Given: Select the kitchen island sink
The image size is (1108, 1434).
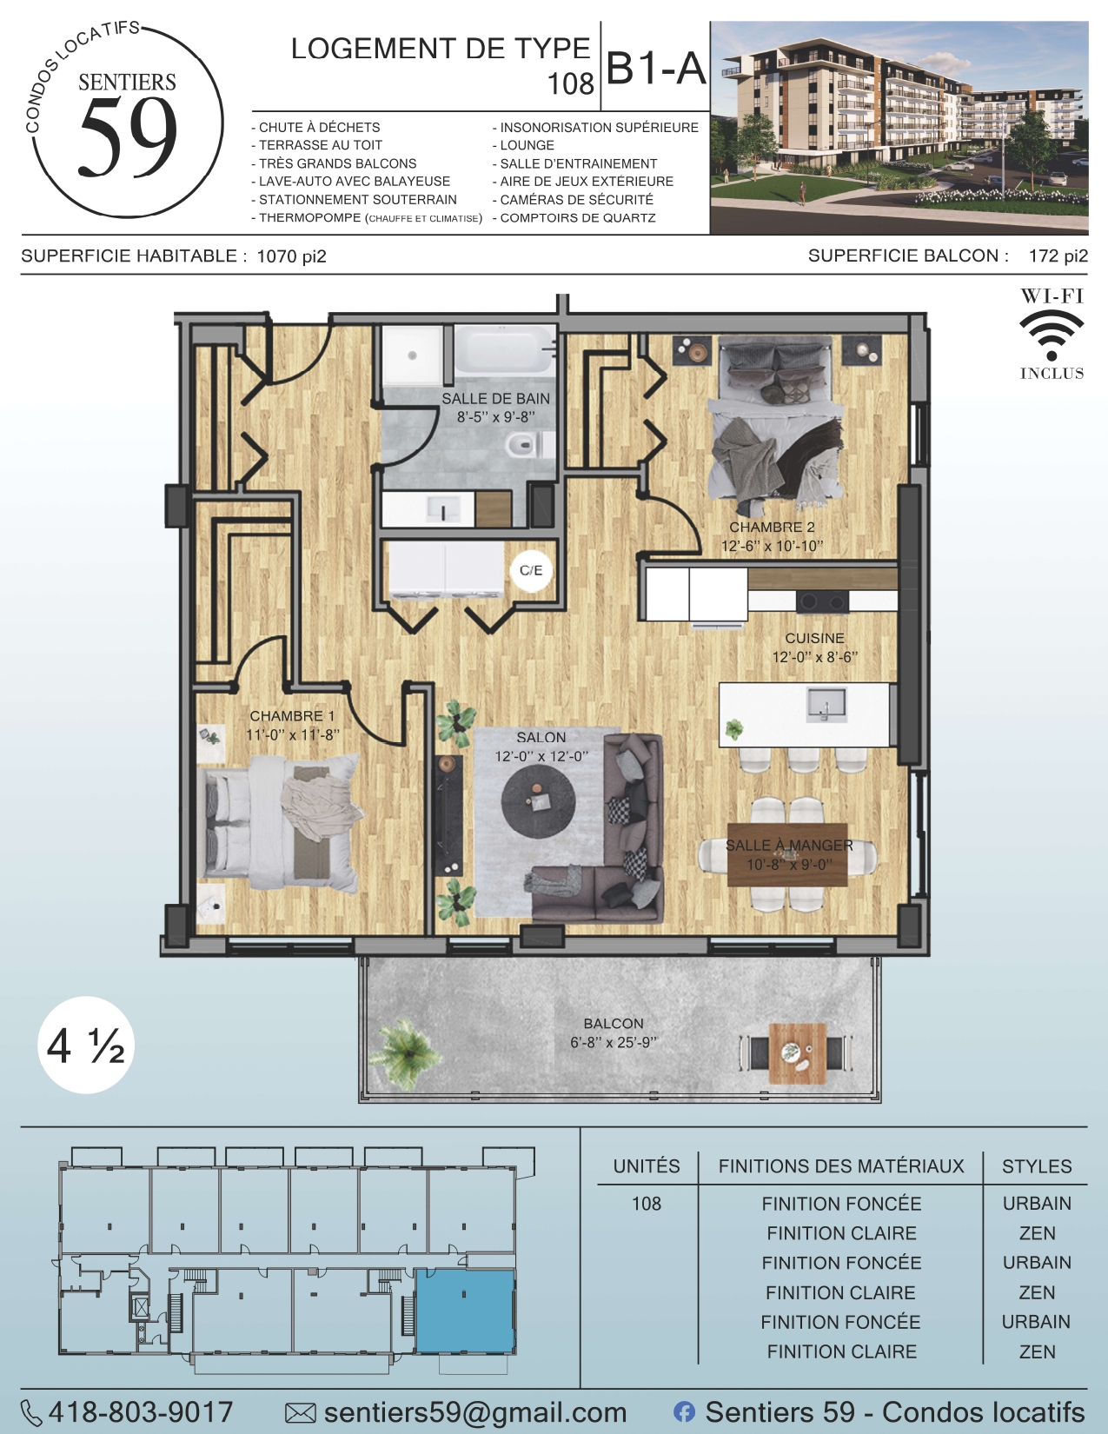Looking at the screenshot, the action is (826, 704).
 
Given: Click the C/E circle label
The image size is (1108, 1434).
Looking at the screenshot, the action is (531, 570).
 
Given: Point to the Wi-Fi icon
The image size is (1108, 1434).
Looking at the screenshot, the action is (1052, 335).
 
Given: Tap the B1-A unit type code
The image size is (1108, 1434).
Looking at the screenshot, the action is (655, 69).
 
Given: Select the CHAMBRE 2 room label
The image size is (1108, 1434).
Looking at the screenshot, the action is (772, 528).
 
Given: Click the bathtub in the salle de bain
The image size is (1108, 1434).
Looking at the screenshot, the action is (505, 352).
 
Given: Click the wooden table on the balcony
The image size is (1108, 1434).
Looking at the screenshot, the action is (798, 1053).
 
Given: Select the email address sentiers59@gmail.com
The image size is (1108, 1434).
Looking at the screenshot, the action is (475, 1412).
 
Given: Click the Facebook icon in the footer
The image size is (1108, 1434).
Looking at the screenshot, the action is (684, 1412).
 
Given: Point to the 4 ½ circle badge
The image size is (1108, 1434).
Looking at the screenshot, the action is (86, 1046).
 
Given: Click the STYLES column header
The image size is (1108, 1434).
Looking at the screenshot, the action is (1037, 1166).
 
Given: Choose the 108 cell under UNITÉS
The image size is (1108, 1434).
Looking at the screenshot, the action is (646, 1204).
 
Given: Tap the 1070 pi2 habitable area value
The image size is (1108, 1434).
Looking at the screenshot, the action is (292, 256).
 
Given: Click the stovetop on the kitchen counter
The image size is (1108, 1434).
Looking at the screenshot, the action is (822, 601).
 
